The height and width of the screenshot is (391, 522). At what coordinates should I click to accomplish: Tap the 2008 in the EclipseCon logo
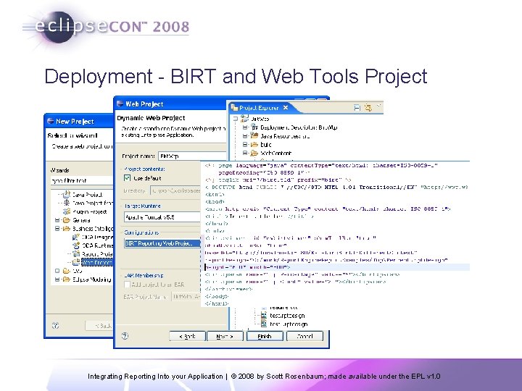tap(171, 28)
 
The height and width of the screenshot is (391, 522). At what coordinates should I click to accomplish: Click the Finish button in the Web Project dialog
tap(265, 336)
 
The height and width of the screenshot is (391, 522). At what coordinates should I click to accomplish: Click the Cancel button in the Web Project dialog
tap(304, 336)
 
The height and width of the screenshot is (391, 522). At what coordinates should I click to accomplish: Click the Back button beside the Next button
tap(188, 336)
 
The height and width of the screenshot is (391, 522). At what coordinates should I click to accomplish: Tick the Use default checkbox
tap(128, 177)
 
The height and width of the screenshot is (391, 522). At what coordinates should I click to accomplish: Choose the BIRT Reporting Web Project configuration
tap(159, 243)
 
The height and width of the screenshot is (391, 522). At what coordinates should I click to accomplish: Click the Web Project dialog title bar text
tap(144, 104)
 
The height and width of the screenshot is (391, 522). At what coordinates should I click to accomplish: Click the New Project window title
tap(75, 122)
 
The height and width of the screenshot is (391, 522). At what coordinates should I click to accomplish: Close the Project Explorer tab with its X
tap(285, 108)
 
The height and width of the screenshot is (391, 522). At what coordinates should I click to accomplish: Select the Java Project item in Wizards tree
tap(86, 195)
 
